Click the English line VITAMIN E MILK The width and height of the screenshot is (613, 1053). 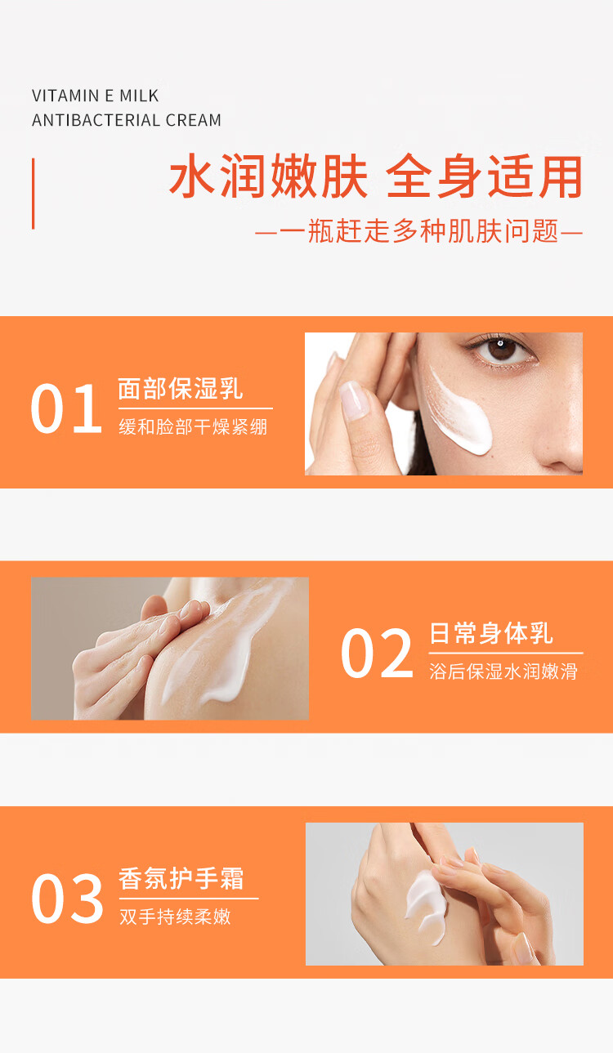95,96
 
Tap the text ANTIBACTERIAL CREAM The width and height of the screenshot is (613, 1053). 127,120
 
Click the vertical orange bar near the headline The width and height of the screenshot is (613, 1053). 33,194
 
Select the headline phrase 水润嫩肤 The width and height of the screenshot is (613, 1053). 269,176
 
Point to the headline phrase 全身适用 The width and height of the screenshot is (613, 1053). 485,176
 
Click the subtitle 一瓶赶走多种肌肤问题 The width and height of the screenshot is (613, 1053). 418,231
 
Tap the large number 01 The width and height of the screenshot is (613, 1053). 66,408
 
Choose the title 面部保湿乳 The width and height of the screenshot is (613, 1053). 180,389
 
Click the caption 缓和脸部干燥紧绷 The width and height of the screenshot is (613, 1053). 193,427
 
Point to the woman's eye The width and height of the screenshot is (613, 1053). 502,350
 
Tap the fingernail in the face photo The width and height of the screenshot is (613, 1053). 354,399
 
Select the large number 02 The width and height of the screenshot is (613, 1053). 377,654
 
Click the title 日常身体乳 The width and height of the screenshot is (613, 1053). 491,633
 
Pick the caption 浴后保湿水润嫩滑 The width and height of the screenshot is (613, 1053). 503,672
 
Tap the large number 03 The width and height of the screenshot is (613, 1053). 67,899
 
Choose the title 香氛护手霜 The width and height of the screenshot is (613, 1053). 181,879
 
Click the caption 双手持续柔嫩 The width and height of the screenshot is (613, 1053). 175,917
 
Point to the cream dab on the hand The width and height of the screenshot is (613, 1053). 426,905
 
